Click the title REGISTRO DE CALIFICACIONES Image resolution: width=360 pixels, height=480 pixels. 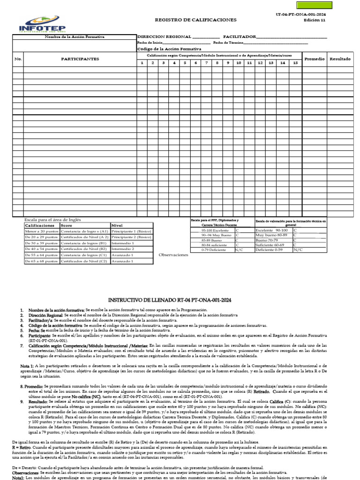point(196,20)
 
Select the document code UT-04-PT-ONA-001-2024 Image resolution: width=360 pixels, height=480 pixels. point(301,15)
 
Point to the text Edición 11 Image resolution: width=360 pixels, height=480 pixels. point(314,21)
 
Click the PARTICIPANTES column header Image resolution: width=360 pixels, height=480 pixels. point(80,59)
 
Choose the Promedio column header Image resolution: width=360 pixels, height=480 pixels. point(314,59)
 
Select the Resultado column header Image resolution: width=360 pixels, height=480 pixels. point(340,59)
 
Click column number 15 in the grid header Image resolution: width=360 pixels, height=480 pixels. point(295,63)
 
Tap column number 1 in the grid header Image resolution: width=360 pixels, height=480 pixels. point(142,63)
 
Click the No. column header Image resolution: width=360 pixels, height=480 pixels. point(18,59)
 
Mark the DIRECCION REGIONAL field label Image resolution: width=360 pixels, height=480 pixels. point(164,37)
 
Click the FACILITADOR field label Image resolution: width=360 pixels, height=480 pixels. point(240,37)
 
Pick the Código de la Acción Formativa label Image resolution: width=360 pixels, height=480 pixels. point(169,49)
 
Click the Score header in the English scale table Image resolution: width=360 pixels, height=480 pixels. point(67,225)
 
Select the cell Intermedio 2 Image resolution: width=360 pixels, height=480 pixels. point(123,249)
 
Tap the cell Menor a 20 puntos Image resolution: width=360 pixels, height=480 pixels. point(42,231)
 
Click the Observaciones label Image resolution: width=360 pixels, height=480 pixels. point(173,255)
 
